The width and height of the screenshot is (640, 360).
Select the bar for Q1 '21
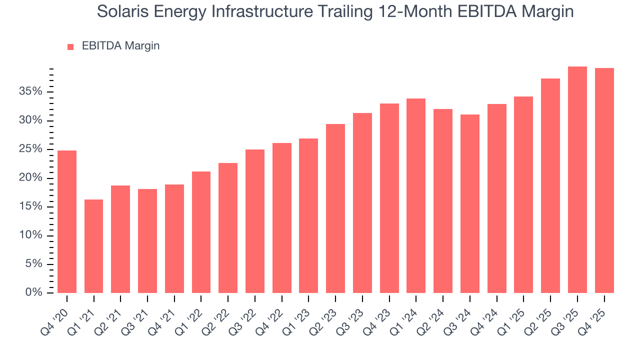(x=94, y=246)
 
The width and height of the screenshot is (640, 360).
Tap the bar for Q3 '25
(x=577, y=179)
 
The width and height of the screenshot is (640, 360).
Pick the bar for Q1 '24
(x=416, y=195)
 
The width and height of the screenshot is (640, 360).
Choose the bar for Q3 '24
(x=470, y=203)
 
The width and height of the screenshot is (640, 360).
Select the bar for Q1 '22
(x=201, y=232)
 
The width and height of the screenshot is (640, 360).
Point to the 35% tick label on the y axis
(x=31, y=91)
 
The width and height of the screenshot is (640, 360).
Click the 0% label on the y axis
(x=34, y=292)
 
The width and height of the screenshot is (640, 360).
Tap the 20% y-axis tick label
(x=31, y=178)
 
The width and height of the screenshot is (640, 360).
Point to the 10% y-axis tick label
(x=31, y=235)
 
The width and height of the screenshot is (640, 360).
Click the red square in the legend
(x=70, y=46)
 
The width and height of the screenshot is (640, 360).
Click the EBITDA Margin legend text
(x=120, y=46)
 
